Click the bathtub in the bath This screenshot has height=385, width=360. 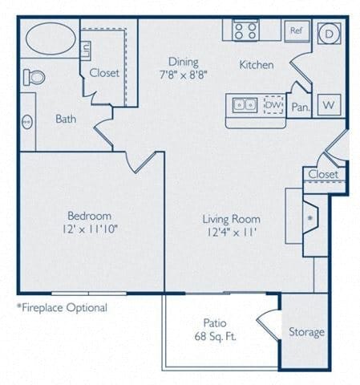coord(49,38)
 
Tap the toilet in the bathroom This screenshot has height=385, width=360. coord(34,77)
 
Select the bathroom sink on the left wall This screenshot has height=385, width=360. coord(26,122)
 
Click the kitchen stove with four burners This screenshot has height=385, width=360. coord(245,31)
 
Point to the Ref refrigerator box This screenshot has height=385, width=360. coord(296,31)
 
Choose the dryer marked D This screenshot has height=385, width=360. coord(329,34)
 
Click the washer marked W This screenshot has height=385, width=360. coord(328,104)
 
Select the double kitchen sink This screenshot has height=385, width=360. coord(243,104)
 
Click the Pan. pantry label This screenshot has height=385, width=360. coord(300,106)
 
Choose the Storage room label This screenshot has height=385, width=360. coord(306,332)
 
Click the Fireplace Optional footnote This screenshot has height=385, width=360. coord(62,307)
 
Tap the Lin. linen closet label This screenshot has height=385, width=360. coord(86,50)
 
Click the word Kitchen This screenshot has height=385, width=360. coord(256,65)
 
